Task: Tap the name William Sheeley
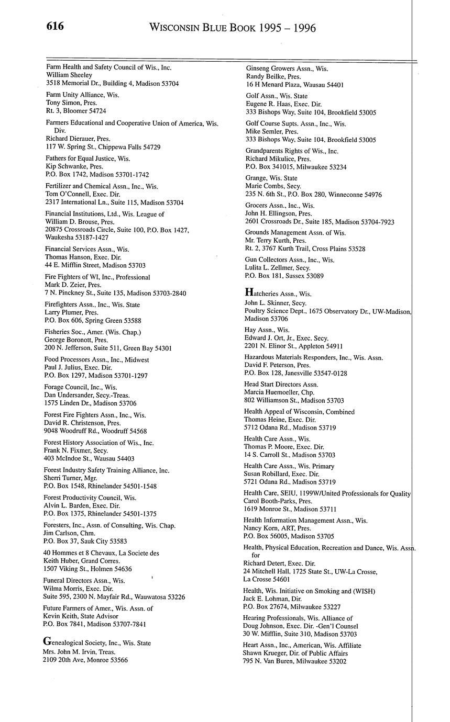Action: point(69,75)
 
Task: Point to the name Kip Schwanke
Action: point(66,166)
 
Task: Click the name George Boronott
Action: point(69,340)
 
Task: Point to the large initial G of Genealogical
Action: point(47,641)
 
